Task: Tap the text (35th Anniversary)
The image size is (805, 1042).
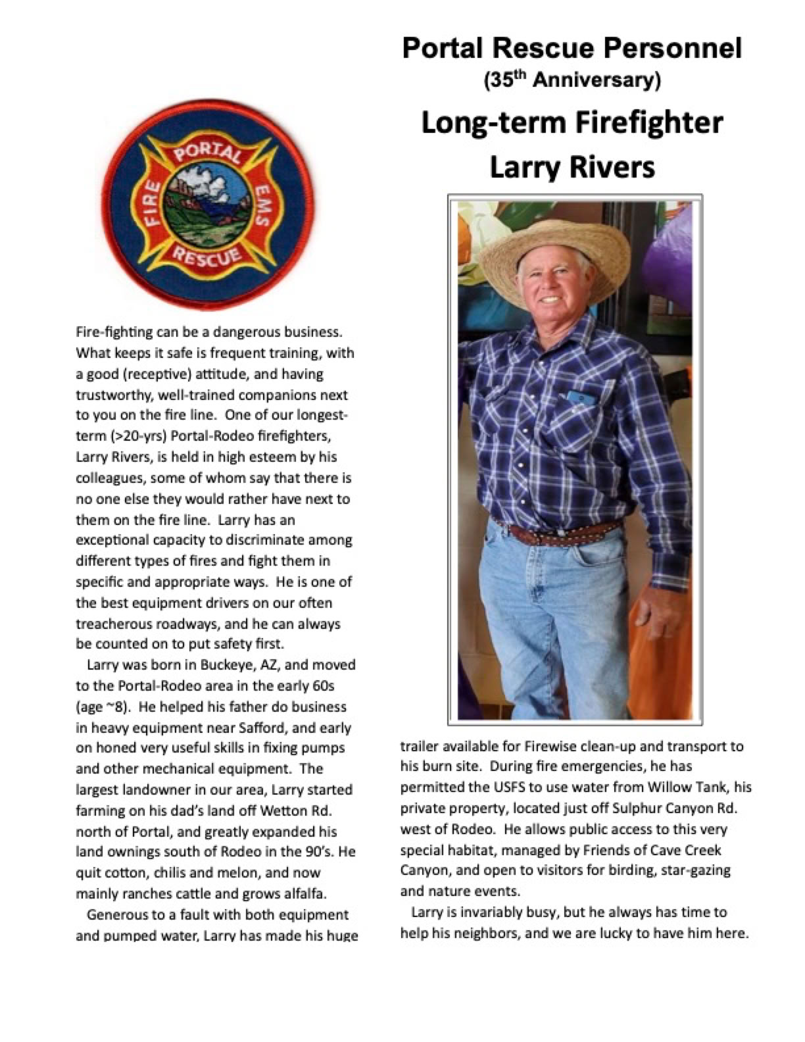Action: coord(572,80)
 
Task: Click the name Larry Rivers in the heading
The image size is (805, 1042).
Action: coord(572,166)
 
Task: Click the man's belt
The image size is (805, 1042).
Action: coord(559,532)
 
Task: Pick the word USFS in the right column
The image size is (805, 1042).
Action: coord(521,787)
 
